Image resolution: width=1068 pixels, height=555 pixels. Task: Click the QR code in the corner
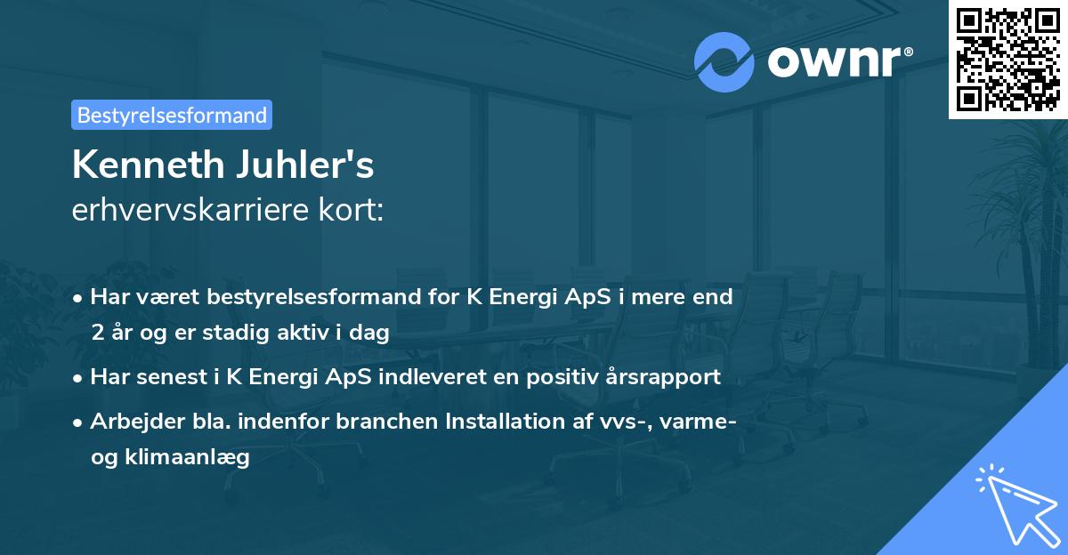pyautogui.click(x=1007, y=59)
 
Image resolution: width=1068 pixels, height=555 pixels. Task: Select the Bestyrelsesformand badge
pyautogui.click(x=172, y=115)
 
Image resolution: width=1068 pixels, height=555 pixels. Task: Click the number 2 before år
pyautogui.click(x=96, y=334)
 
